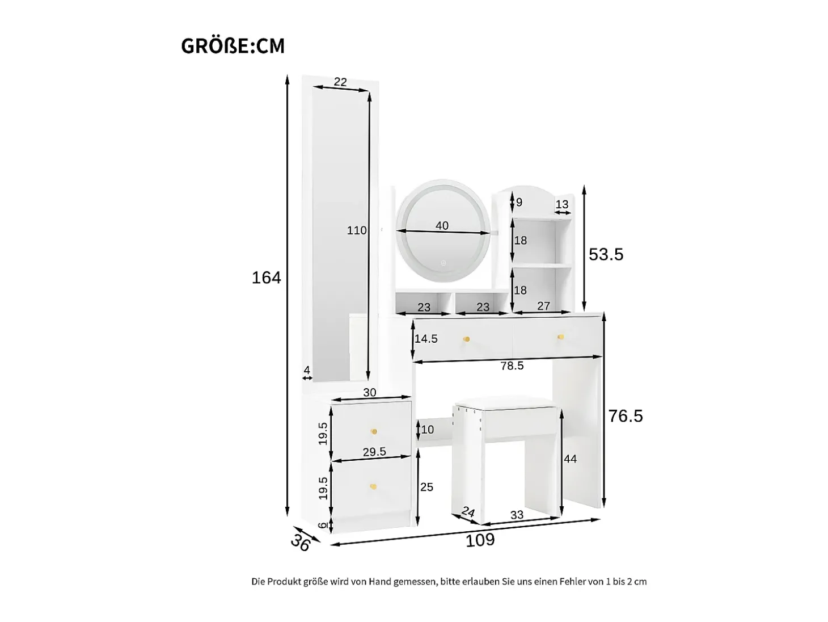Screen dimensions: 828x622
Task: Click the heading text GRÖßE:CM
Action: [233, 46]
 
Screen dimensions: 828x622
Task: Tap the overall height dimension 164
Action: [267, 278]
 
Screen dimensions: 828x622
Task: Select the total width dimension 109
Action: [480, 540]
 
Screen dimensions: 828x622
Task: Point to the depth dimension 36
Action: [301, 544]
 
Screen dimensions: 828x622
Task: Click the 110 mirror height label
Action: [357, 230]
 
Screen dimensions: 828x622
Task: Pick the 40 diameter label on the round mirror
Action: [442, 225]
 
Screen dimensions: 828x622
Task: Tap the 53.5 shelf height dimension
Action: [606, 254]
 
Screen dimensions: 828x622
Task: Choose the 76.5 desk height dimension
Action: [626, 417]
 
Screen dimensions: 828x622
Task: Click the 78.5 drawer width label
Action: [512, 365]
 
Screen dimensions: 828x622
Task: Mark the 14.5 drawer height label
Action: [426, 339]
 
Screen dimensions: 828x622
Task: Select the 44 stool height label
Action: [570, 459]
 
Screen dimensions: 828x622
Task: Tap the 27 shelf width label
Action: [543, 306]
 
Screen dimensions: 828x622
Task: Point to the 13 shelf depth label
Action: [561, 204]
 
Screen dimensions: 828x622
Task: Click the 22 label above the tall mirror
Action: [340, 82]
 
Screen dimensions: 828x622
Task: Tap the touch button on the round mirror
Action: [443, 263]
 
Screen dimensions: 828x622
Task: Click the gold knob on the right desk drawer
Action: [560, 337]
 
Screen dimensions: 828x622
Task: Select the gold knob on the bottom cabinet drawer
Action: [109, 487]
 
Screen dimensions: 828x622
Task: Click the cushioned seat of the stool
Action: [505, 405]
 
